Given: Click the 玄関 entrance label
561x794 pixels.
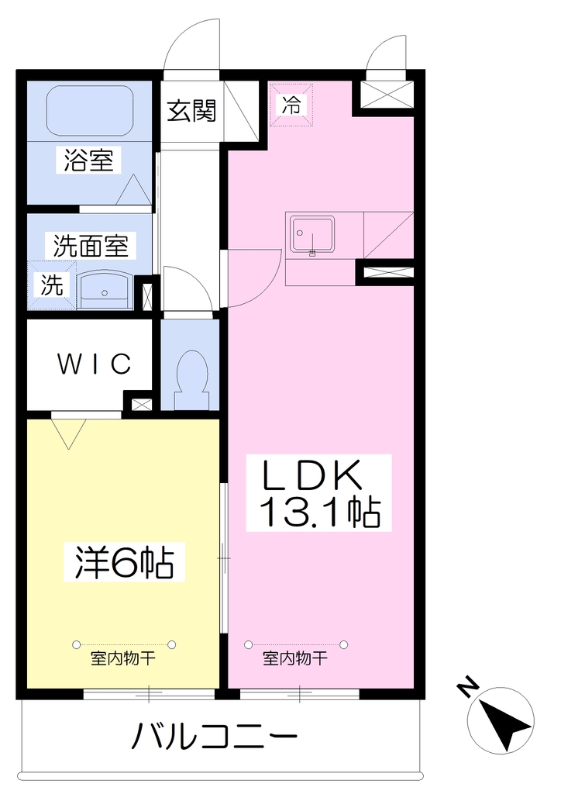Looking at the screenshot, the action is click(191, 111).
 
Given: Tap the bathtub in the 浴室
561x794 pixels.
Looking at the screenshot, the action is click(90, 110).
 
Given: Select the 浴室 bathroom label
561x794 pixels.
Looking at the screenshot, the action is click(89, 160).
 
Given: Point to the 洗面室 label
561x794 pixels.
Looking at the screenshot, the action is click(91, 246).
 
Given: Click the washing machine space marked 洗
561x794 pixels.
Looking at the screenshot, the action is click(52, 285).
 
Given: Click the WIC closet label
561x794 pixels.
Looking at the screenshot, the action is click(95, 363).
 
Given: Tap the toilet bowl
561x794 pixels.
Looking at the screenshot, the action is click(191, 372).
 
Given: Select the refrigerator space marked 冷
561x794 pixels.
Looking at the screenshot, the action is click(291, 105).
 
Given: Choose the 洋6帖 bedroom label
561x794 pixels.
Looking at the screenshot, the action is click(125, 562).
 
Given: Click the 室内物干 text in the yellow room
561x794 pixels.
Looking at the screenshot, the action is click(123, 659).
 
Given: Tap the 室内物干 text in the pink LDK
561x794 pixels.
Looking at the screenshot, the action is click(295, 659).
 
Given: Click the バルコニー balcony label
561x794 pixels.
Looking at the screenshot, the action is click(215, 737).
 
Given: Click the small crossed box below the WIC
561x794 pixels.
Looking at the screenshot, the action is click(141, 405).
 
